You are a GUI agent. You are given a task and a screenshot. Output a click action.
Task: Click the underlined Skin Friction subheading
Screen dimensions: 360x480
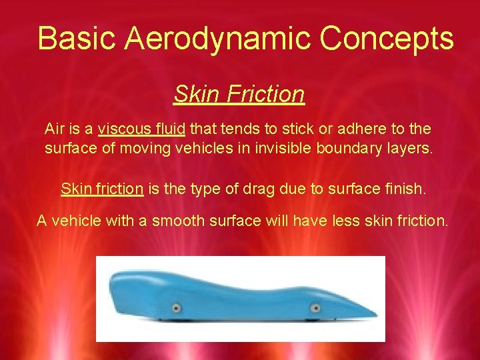[x=239, y=94]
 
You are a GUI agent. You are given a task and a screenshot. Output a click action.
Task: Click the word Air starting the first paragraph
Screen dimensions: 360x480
[x=55, y=128]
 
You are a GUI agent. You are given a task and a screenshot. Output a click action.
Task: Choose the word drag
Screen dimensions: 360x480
[x=269, y=189]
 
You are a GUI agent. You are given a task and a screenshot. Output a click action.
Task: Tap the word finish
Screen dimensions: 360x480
[x=404, y=189]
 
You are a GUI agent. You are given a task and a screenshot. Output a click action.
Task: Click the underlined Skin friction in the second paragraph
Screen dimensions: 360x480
[x=102, y=189]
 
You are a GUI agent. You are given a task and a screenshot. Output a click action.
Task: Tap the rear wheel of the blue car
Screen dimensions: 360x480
[x=177, y=308]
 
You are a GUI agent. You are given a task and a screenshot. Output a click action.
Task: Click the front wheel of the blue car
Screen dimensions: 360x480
[x=315, y=308]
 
